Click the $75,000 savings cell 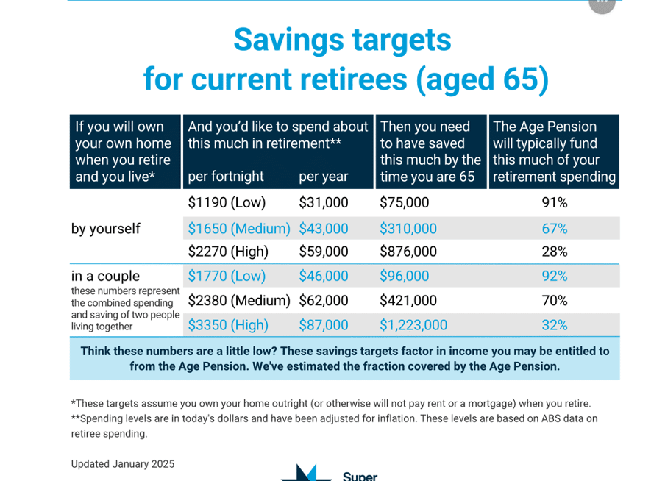(404, 203)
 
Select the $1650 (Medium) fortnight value (239, 229)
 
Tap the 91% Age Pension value (555, 203)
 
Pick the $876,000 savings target (408, 252)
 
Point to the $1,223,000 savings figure (413, 325)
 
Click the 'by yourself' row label (106, 229)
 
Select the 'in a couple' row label (105, 276)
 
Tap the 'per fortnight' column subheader (226, 177)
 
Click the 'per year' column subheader (324, 177)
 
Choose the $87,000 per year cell (324, 325)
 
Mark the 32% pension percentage (555, 325)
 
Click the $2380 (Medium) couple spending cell (239, 301)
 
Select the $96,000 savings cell (404, 276)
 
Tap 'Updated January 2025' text (123, 464)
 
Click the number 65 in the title (520, 79)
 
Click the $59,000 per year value (324, 252)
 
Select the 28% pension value (555, 252)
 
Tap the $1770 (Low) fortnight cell (227, 276)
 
